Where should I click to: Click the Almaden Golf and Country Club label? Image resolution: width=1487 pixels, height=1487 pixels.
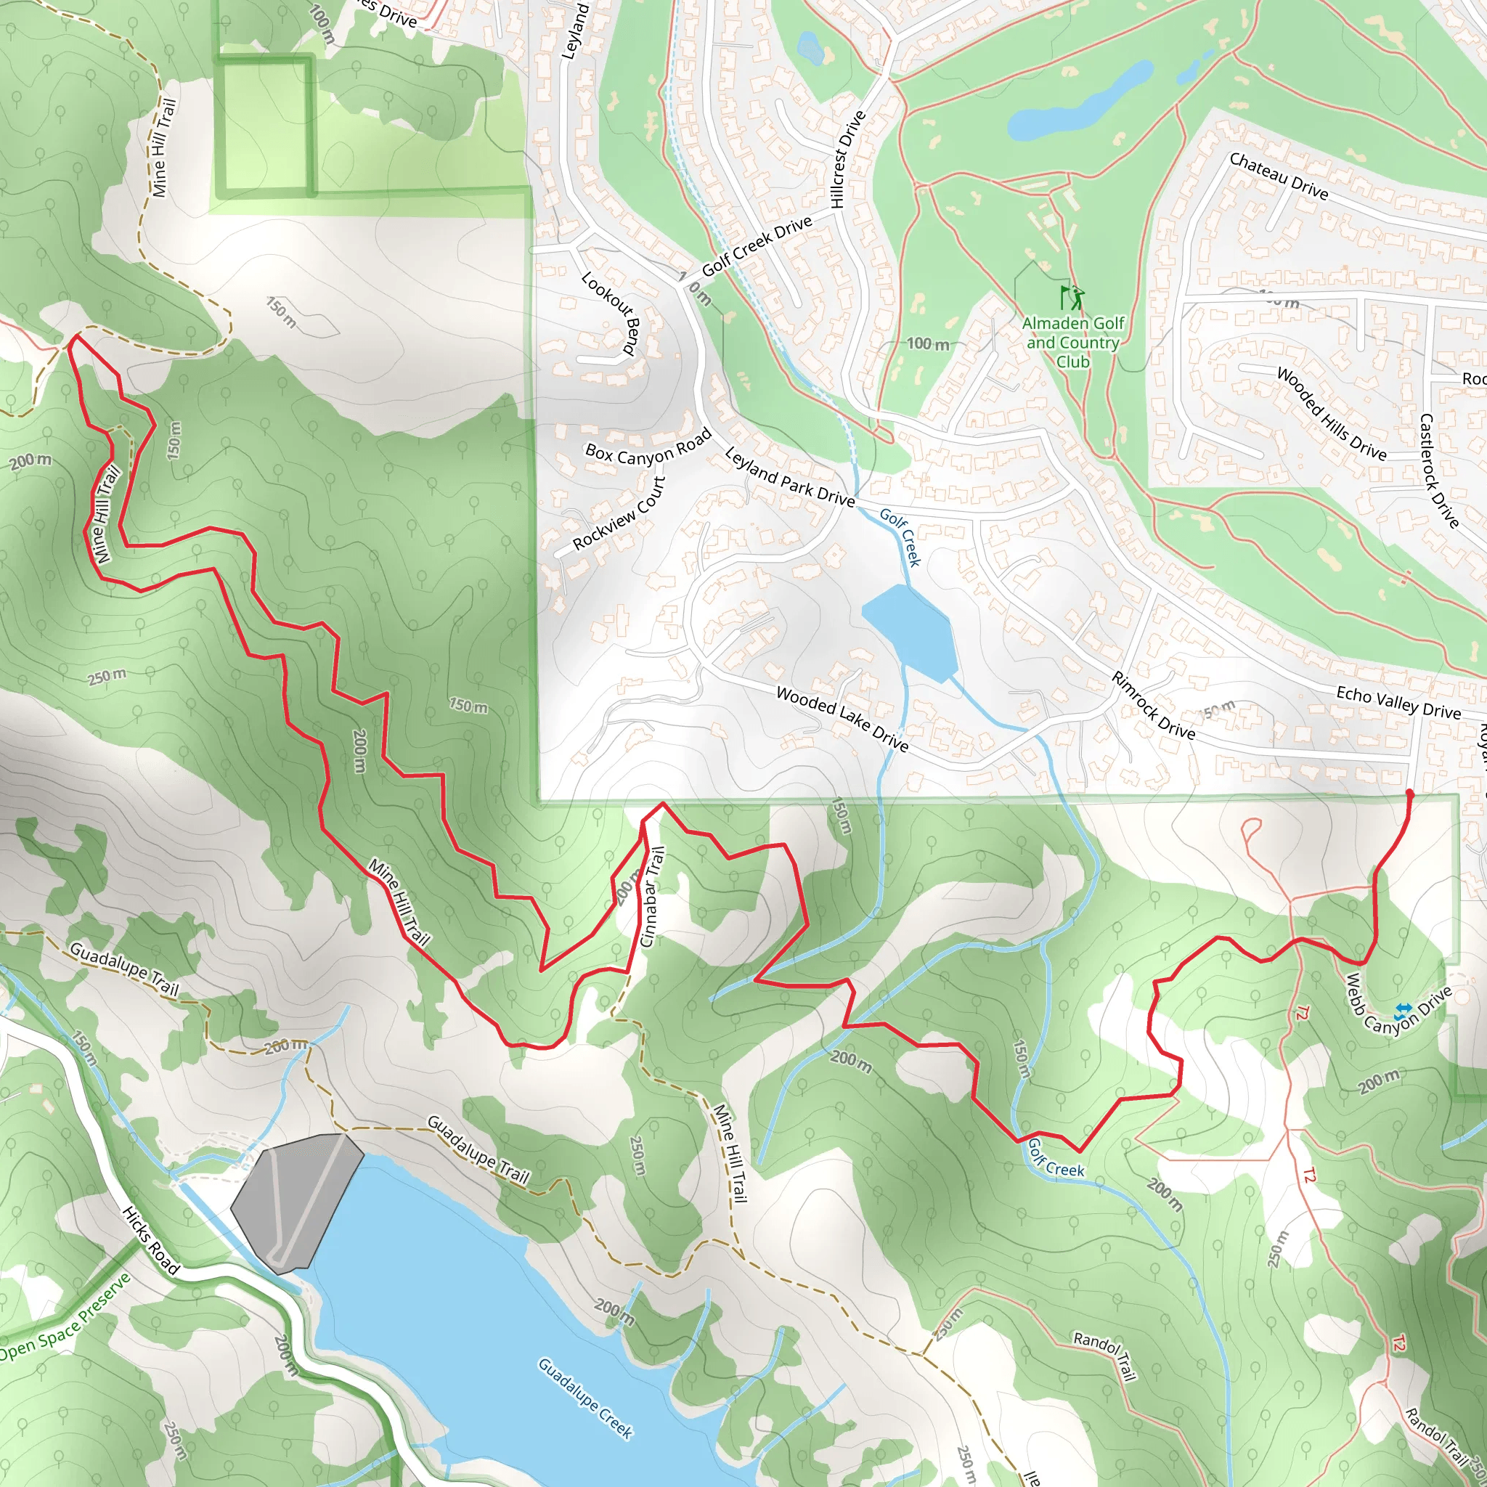pyautogui.click(x=1072, y=343)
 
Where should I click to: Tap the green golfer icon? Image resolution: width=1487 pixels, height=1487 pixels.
pyautogui.click(x=1072, y=297)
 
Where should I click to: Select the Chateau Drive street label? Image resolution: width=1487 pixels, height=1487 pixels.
pyautogui.click(x=1279, y=176)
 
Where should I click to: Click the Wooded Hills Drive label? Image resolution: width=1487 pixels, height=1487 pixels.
pyautogui.click(x=1331, y=413)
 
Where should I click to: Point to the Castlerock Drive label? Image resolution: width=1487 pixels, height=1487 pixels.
pyautogui.click(x=1438, y=471)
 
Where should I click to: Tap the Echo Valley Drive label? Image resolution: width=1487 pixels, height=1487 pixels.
pyautogui.click(x=1398, y=702)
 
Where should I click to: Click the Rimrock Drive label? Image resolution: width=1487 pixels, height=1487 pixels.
pyautogui.click(x=1153, y=705)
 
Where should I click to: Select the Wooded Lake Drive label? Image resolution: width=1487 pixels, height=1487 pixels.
pyautogui.click(x=842, y=718)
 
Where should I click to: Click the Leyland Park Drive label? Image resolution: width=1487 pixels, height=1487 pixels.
pyautogui.click(x=789, y=478)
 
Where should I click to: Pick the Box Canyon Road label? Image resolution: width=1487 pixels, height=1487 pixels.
pyautogui.click(x=648, y=447)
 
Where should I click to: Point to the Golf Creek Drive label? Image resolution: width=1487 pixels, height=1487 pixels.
pyautogui.click(x=757, y=245)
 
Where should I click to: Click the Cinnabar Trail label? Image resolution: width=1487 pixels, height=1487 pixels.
pyautogui.click(x=651, y=897)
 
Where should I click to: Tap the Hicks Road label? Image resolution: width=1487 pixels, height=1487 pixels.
pyautogui.click(x=151, y=1240)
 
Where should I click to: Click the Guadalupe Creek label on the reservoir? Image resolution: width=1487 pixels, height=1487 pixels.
pyautogui.click(x=585, y=1398)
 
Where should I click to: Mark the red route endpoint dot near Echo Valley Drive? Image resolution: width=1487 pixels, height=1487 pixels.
pyautogui.click(x=1409, y=792)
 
